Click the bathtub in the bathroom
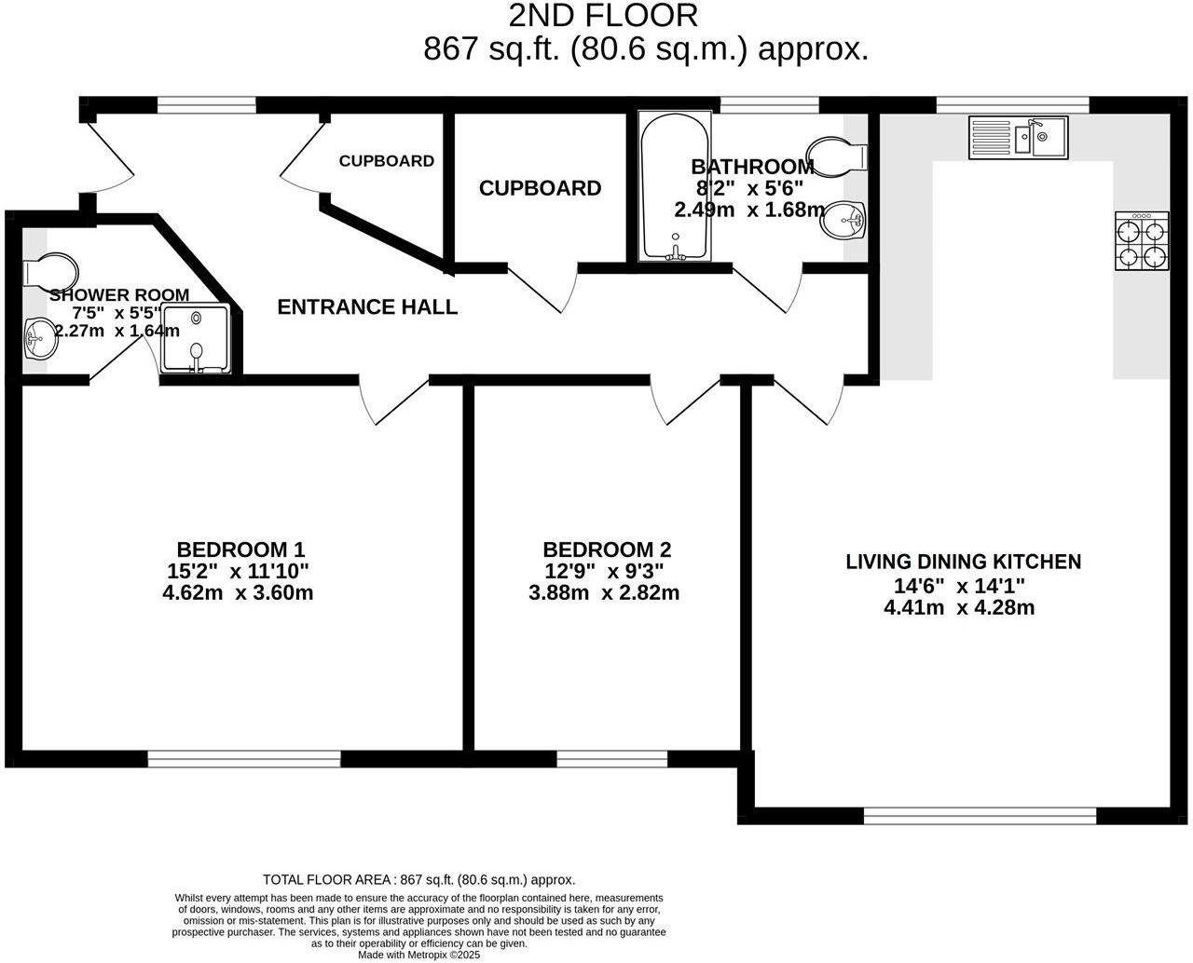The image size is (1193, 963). click(675, 186)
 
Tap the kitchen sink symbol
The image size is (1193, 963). click(1018, 137)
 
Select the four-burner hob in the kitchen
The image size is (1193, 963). click(1143, 241)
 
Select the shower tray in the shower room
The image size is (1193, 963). click(196, 339)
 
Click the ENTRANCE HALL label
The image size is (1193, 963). click(367, 306)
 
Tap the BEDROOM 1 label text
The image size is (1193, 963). click(240, 549)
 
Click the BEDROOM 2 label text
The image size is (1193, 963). click(607, 549)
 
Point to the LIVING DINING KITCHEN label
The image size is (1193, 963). click(963, 562)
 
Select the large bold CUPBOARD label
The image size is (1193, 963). click(540, 188)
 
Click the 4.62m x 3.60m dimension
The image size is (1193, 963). click(237, 592)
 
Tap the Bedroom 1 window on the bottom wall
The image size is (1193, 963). click(244, 759)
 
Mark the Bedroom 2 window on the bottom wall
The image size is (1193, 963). click(611, 759)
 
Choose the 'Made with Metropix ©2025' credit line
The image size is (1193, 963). click(418, 955)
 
